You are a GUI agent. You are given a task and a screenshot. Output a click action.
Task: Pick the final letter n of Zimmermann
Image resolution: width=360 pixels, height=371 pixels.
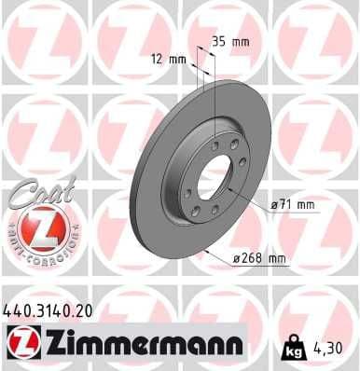[235, 347]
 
